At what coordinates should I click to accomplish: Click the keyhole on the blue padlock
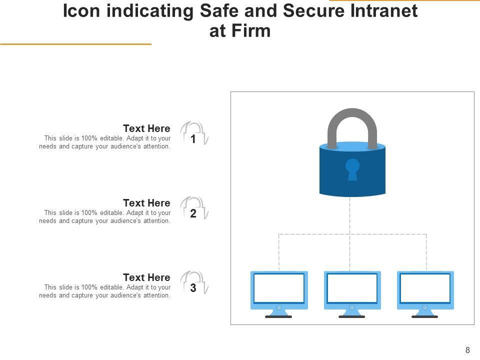352,168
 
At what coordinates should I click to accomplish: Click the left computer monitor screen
279,288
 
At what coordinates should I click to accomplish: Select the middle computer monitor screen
352,288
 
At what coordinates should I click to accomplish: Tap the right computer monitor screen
425,288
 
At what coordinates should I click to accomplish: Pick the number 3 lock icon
193,284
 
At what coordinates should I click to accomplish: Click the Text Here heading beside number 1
146,128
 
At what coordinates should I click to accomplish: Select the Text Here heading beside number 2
146,203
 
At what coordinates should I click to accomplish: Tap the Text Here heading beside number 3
146,277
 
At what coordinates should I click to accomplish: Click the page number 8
467,350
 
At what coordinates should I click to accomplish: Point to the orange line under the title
75,44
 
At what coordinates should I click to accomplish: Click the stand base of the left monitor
278,316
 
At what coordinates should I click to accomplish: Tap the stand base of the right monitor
425,316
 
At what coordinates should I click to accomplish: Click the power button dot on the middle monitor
352,307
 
